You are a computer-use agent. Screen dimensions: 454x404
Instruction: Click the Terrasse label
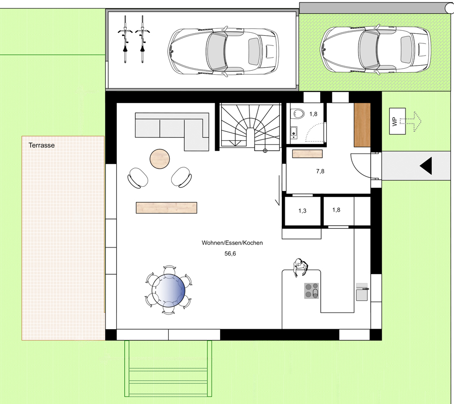point(41,145)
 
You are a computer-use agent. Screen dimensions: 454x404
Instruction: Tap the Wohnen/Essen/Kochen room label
point(232,243)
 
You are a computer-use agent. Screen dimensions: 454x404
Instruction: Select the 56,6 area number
point(230,254)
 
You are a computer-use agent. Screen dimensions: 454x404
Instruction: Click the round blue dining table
point(168,290)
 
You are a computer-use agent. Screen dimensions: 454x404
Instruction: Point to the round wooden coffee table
point(160,159)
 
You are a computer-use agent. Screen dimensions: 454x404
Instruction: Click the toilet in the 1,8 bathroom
point(297,114)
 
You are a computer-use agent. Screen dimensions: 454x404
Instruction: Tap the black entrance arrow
point(426,166)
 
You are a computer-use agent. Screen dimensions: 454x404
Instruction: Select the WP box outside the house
point(397,121)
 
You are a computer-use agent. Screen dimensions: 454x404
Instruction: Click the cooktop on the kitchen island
point(312,291)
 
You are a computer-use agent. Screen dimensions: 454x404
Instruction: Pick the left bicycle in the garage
point(125,39)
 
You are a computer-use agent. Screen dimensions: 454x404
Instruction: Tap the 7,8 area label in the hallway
point(320,171)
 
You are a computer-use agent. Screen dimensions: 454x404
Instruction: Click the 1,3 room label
point(302,211)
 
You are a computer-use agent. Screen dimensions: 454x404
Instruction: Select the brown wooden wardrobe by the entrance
point(362,125)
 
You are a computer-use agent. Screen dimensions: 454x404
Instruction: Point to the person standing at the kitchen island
point(300,267)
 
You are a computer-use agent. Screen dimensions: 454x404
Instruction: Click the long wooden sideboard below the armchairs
point(167,208)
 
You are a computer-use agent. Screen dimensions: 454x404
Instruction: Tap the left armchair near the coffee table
point(138,178)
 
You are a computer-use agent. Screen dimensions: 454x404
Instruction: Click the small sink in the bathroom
point(293,133)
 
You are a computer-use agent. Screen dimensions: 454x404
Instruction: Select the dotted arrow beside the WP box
point(411,121)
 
